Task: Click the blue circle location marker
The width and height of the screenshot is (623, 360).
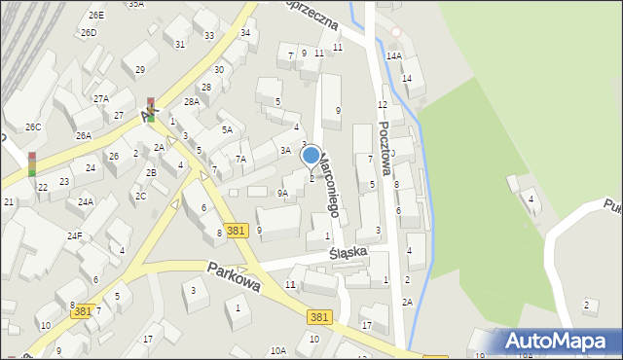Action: pos(311,155)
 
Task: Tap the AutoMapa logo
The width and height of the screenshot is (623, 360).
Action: pos(557,342)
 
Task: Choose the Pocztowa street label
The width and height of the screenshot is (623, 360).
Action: pos(386,147)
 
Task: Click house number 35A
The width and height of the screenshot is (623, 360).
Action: pos(135,4)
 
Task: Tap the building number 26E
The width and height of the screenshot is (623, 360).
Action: pos(95,16)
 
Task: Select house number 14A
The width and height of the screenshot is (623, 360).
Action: pos(393,56)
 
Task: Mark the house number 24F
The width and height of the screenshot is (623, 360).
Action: pos(75,235)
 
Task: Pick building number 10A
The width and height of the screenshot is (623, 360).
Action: pos(278,350)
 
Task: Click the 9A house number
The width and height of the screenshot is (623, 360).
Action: pos(282,194)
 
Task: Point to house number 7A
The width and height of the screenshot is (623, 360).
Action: pos(241,159)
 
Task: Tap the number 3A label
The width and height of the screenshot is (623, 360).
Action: pos(285,151)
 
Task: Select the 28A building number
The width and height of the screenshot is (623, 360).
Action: pos(191,101)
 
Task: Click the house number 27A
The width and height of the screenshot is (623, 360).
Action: pos(101,99)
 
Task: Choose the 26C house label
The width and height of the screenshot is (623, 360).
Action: pos(33,127)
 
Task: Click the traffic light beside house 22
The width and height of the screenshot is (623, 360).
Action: pos(32,163)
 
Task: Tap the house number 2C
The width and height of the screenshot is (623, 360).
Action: pos(141,197)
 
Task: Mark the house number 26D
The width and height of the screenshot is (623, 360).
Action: pos(89,33)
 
